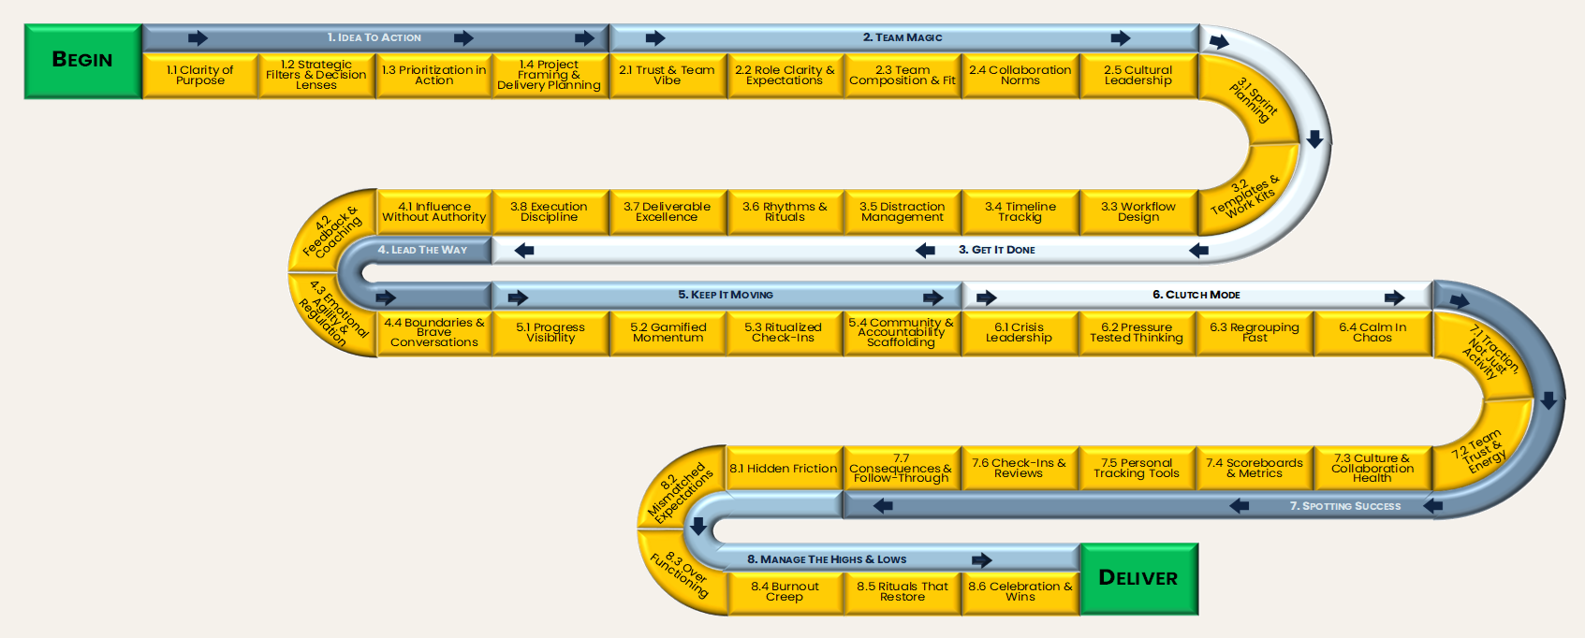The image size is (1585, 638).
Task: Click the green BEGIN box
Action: click(x=82, y=61)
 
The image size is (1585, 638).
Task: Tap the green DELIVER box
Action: click(x=1138, y=579)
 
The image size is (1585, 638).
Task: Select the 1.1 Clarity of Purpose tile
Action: click(x=200, y=76)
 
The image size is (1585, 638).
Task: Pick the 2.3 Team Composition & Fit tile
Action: click(x=903, y=76)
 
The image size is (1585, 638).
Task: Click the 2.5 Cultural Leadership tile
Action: click(x=1137, y=76)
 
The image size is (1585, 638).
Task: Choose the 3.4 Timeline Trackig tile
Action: click(x=1020, y=212)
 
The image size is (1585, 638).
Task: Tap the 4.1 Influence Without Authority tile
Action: click(x=433, y=212)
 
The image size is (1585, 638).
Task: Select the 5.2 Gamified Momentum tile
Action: click(x=668, y=333)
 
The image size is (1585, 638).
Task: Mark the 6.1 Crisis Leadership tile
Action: click(x=1019, y=333)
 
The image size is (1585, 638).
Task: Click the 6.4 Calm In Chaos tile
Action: click(x=1372, y=333)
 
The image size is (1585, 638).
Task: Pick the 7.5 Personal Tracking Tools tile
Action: click(x=1137, y=469)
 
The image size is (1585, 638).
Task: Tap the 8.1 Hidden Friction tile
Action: click(x=784, y=469)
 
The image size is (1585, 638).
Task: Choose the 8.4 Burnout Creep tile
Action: click(x=785, y=592)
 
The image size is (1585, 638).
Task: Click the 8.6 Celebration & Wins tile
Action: click(x=1020, y=592)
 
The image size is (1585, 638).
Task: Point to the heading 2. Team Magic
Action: click(x=903, y=37)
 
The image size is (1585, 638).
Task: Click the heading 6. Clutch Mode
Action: click(x=1196, y=295)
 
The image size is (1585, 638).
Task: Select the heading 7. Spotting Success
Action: click(x=1344, y=506)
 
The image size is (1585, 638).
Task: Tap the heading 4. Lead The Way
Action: click(x=422, y=250)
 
